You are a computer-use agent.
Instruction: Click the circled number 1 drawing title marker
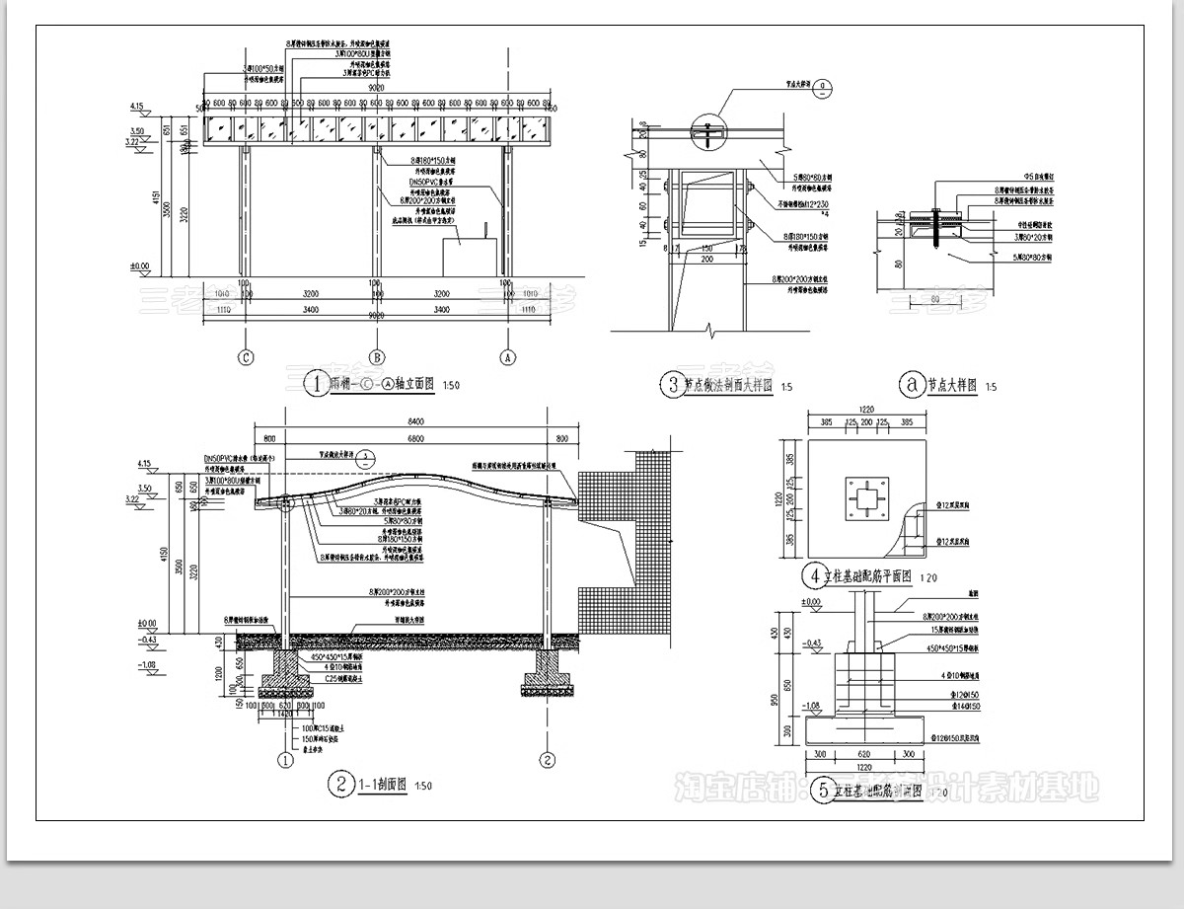coord(315,384)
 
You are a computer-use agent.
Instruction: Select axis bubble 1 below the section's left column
coord(285,760)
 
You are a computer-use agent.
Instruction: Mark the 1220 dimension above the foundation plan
coord(865,408)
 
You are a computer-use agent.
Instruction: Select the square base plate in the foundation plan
coord(865,500)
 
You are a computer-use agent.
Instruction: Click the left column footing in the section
coord(285,671)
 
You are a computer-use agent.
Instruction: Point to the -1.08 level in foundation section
coord(812,705)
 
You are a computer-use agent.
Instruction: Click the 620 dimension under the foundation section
coord(865,754)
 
